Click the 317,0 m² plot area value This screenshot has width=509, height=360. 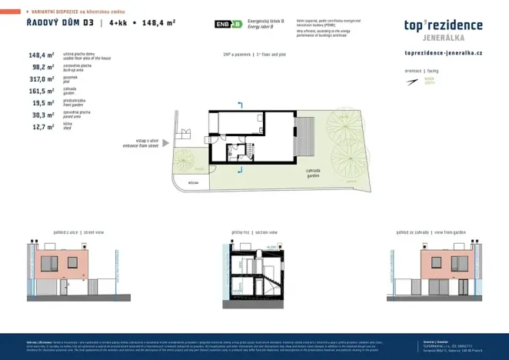(42, 79)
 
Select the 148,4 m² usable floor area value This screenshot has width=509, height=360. (42, 55)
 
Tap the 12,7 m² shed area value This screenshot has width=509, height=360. (42, 127)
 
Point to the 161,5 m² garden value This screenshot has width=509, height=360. (42, 91)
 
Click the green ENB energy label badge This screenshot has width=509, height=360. (228, 25)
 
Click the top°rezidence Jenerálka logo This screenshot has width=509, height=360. (443, 28)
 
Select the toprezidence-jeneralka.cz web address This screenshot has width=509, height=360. (443, 52)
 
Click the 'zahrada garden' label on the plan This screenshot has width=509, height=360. (312, 173)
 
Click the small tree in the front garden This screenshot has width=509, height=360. (184, 159)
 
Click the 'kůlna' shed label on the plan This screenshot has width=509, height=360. (193, 183)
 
